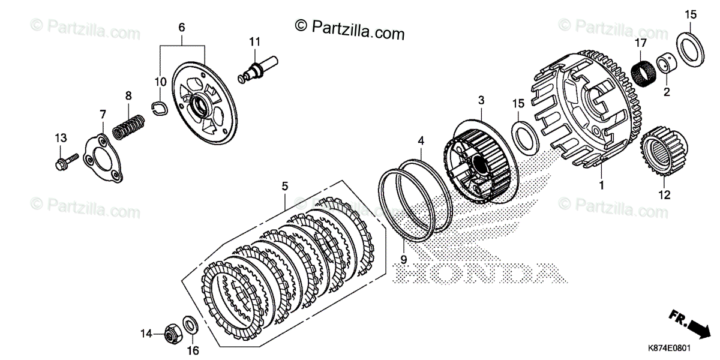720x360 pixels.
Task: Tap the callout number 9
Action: (403, 259)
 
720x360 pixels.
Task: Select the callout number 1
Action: (601, 186)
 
